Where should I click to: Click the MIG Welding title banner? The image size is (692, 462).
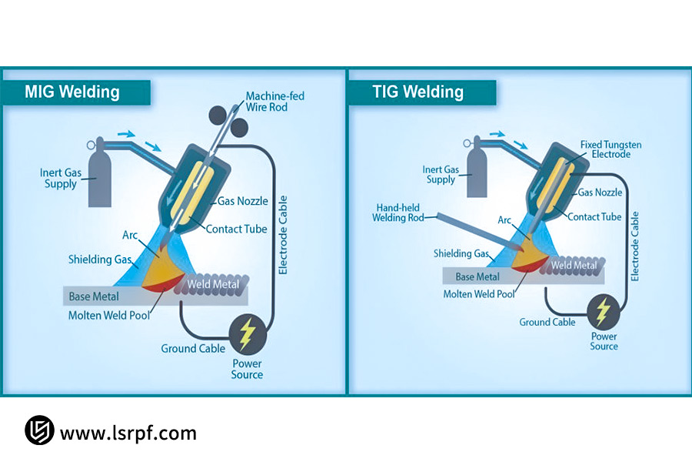coord(73,92)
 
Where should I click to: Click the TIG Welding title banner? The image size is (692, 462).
coord(419,92)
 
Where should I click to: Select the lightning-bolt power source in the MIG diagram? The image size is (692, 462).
coord(247,333)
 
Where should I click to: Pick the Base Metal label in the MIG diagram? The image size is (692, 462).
coord(91,296)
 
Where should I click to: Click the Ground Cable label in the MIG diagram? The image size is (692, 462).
coord(193,349)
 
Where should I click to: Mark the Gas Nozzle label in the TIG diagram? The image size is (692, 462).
coord(600,192)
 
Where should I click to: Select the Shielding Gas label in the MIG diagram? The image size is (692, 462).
coord(100,259)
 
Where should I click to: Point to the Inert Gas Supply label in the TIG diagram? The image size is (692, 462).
coord(441,175)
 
